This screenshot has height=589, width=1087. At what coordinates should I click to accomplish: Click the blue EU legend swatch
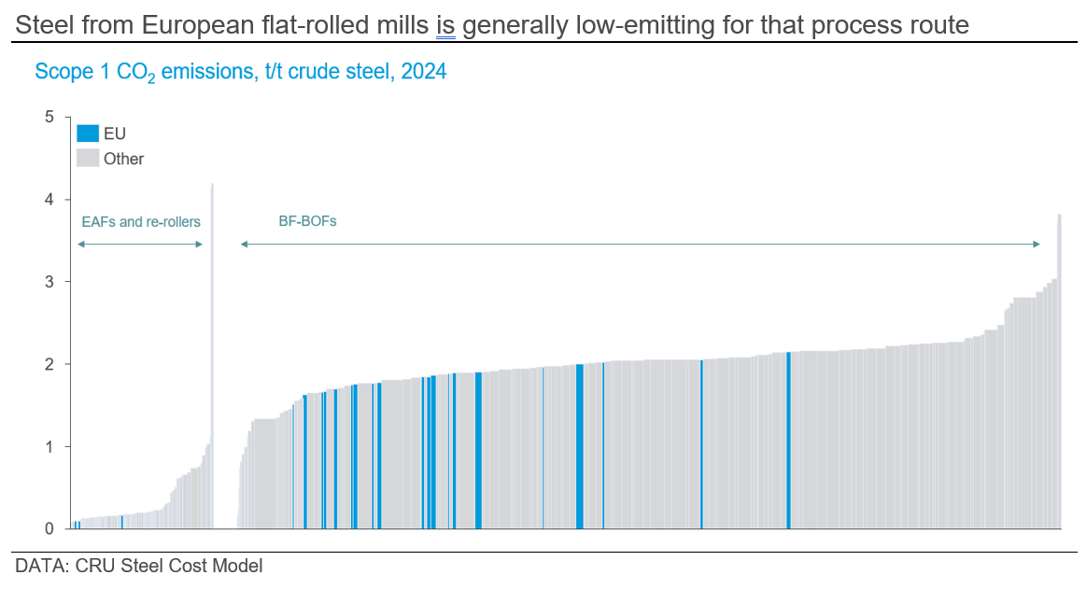click(87, 133)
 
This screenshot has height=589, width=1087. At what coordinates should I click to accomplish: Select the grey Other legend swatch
click(87, 158)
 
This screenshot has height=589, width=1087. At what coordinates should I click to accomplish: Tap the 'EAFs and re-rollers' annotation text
click(140, 222)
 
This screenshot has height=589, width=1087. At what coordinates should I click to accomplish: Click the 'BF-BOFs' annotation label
click(307, 222)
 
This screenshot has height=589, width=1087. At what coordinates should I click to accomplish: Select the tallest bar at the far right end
click(1059, 373)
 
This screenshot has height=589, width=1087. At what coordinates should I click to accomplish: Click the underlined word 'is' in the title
click(445, 25)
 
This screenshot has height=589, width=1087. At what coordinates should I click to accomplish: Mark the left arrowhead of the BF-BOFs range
click(243, 245)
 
